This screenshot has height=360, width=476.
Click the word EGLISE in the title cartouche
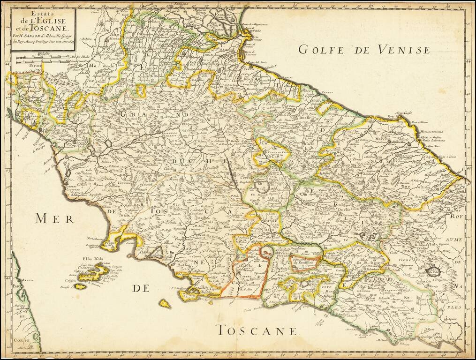pos(51,20)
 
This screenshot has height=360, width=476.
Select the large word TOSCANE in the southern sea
pos(257,330)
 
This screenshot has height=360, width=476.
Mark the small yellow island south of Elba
pos(165,304)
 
